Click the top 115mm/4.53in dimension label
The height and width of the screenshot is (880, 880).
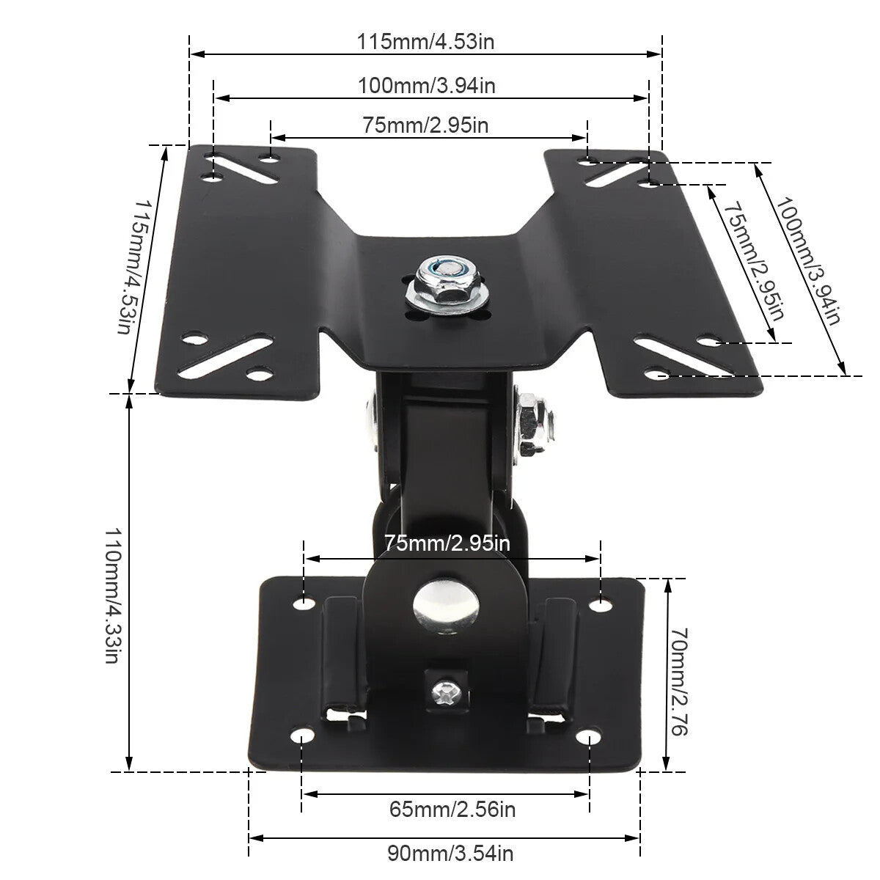[x=426, y=42]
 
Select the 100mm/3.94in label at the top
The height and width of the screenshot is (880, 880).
[x=427, y=86]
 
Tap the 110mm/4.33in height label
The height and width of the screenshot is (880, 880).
[x=112, y=595]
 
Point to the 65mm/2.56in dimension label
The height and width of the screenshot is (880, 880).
[x=452, y=810]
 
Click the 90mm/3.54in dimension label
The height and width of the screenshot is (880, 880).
[x=450, y=854]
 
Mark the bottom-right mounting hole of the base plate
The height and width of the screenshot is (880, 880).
[x=589, y=737]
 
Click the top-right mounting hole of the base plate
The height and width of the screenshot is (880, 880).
[x=600, y=604]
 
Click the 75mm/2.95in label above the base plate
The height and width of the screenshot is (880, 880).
[x=447, y=543]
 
